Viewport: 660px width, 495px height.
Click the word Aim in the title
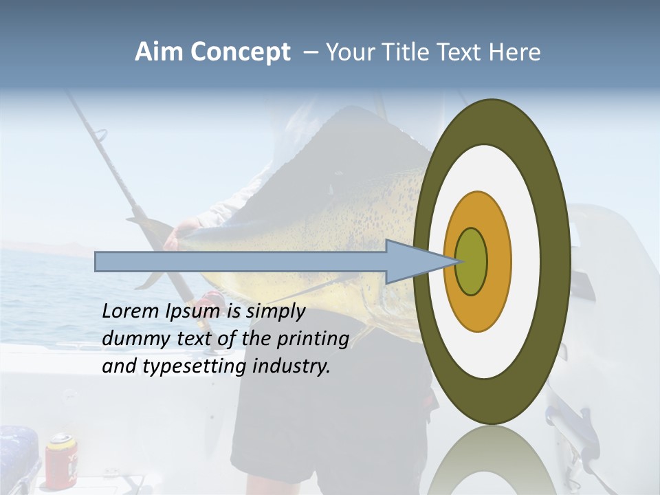tap(159, 52)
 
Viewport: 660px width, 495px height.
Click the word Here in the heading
tap(515, 52)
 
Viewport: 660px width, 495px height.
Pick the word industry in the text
tap(291, 366)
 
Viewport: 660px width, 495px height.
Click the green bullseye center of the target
tap(471, 262)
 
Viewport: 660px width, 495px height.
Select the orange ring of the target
tap(498, 262)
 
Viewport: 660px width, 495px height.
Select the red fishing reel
tap(209, 301)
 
